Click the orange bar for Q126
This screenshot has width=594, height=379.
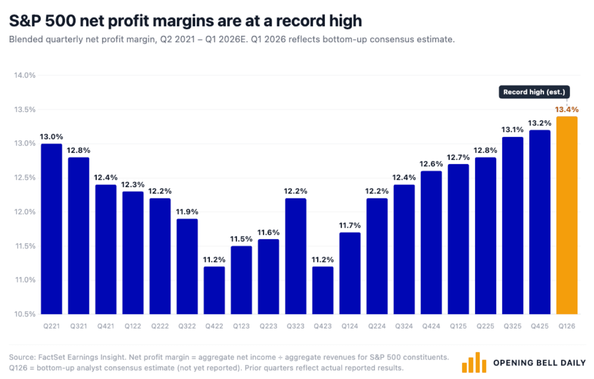click(567, 215)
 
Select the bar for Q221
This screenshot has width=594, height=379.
click(51, 229)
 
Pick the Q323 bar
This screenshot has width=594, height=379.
click(295, 256)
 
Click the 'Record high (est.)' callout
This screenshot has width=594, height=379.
click(534, 92)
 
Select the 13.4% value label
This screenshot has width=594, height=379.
click(567, 109)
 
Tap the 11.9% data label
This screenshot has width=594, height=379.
click(187, 212)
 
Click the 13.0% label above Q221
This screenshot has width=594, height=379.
click(51, 137)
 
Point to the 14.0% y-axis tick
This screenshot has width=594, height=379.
click(24, 75)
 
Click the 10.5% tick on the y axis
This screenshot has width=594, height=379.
click(24, 314)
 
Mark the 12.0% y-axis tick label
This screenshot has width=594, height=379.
click(24, 212)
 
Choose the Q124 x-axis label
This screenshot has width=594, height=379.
click(350, 326)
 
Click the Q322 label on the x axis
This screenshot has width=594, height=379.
click(187, 326)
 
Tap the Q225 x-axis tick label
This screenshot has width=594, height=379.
click(485, 326)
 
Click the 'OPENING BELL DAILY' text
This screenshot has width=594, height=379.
click(539, 363)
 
